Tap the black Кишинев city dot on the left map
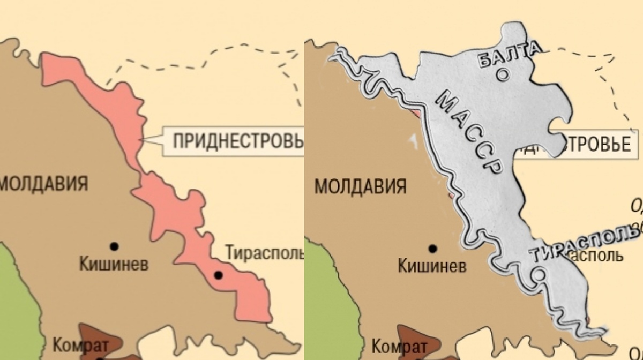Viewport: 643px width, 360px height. pos(114,246)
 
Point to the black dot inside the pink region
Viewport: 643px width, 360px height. pos(218,275)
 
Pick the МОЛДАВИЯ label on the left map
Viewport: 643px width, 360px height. pos(43,184)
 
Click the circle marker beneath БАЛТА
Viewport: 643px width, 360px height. pos(503,75)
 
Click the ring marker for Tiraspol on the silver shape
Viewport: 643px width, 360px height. pos(540,275)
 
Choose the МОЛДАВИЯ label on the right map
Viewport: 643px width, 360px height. pos(360,187)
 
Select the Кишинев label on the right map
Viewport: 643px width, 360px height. pos(432,266)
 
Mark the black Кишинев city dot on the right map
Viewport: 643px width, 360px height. pos(432,249)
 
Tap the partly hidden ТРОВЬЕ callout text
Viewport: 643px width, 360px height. pos(595,145)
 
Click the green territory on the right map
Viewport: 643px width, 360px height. pos(330,305)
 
